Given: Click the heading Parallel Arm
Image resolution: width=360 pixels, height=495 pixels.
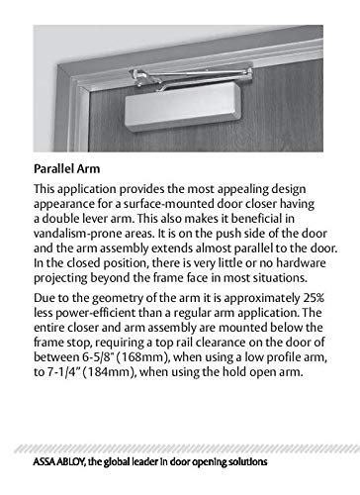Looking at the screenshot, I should pyautogui.click(x=69, y=168).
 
